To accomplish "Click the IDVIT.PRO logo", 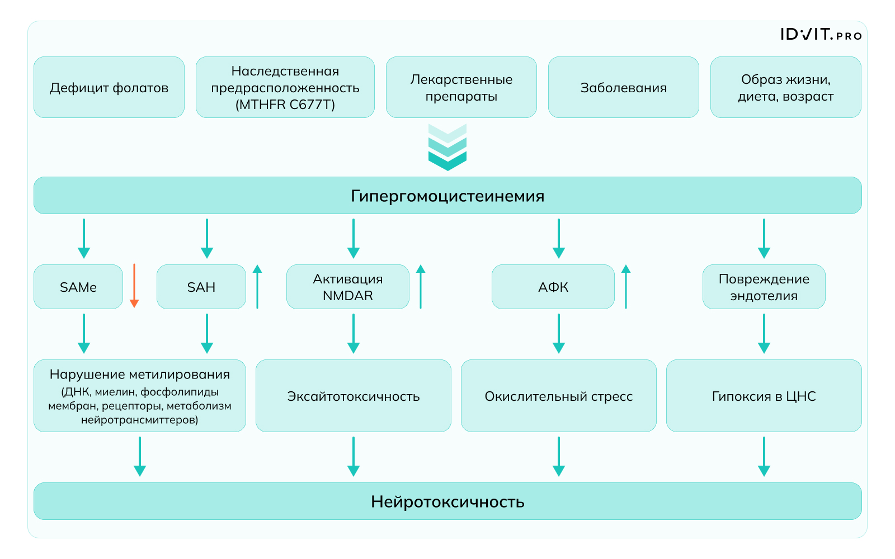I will click(821, 35).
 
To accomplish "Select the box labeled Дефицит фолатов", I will click(109, 87).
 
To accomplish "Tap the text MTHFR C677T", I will click(285, 105).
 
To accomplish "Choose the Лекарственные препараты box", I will click(461, 87).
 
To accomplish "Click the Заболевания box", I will click(623, 87).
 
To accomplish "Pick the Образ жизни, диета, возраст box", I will click(785, 87).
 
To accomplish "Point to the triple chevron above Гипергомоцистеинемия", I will click(447, 148).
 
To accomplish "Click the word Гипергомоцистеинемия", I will click(447, 196).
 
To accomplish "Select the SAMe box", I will click(78, 287).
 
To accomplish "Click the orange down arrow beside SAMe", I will click(134, 286).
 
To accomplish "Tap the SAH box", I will click(201, 287).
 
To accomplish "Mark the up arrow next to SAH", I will click(257, 286).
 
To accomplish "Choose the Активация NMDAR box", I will click(348, 287).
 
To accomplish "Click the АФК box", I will click(553, 287).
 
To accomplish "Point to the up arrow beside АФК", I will click(626, 286).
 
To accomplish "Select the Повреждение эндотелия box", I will click(764, 287).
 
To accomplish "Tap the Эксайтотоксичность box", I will click(354, 396).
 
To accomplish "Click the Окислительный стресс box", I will click(558, 396).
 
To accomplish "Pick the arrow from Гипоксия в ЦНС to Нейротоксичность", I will click(764, 456).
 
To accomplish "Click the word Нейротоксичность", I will click(447, 501).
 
